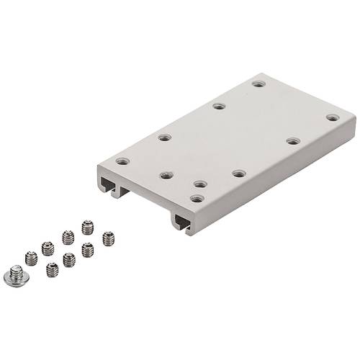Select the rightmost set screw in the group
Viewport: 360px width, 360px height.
[109, 237]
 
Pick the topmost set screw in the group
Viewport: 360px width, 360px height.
[88, 227]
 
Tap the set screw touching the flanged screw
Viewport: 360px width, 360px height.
[31, 258]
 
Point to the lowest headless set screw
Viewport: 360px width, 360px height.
[52, 270]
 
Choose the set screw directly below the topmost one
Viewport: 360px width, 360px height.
[87, 250]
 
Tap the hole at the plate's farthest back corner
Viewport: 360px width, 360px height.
[258, 84]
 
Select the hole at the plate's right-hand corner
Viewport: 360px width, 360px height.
[332, 117]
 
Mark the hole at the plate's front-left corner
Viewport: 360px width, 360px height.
[122, 161]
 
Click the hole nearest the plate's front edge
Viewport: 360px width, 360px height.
[197, 198]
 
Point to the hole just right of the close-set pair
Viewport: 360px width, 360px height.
[238, 174]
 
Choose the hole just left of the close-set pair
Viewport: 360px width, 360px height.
[166, 175]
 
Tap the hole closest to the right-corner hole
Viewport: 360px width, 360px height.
[293, 140]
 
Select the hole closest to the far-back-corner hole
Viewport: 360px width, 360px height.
[219, 107]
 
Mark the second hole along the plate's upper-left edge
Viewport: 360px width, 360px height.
[165, 137]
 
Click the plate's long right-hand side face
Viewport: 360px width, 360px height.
[281, 177]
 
